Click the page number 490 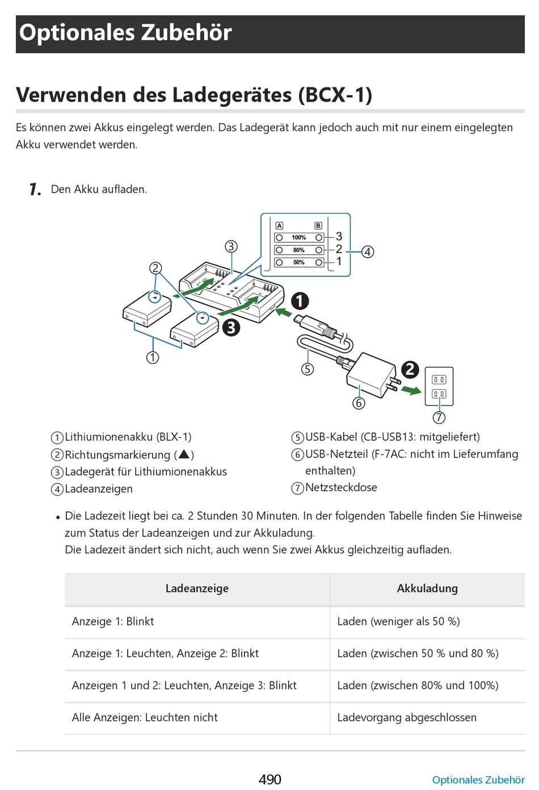pos(269,779)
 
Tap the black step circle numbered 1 pos(300,301)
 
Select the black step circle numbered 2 pos(410,370)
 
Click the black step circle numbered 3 pos(231,327)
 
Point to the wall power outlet pos(439,386)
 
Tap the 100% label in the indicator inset pos(299,237)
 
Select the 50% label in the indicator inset pos(299,262)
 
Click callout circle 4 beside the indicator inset pos(368,251)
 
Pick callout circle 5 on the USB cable pos(308,369)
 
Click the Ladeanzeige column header pos(197,589)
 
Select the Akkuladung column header pos(427,589)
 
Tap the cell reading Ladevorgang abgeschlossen pos(407,717)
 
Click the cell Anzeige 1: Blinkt pos(113,621)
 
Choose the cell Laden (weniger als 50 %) pos(398,621)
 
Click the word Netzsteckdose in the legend pos(341,488)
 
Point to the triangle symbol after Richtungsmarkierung pos(184,454)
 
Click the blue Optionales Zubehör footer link pos(478,780)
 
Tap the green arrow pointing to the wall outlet pos(411,390)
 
